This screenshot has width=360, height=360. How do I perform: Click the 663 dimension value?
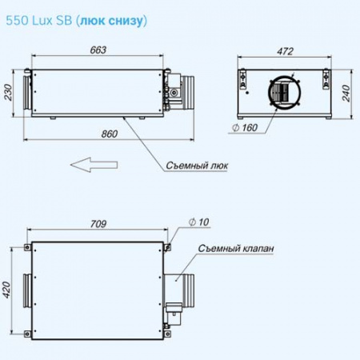pos(98,50)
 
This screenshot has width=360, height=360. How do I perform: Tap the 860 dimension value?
pos(110,134)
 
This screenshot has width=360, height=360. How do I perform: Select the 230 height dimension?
pos(9,92)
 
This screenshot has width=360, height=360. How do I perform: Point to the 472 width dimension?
pos(285,51)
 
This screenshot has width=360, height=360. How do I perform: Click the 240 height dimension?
pos(346,94)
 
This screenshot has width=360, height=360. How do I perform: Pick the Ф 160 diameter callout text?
pos(245,128)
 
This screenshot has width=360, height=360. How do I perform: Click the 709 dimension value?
pos(98,224)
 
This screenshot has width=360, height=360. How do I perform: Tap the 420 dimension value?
pos(6,290)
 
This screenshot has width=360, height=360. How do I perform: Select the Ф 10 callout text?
pos(198,222)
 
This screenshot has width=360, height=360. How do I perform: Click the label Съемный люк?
pos(197,166)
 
